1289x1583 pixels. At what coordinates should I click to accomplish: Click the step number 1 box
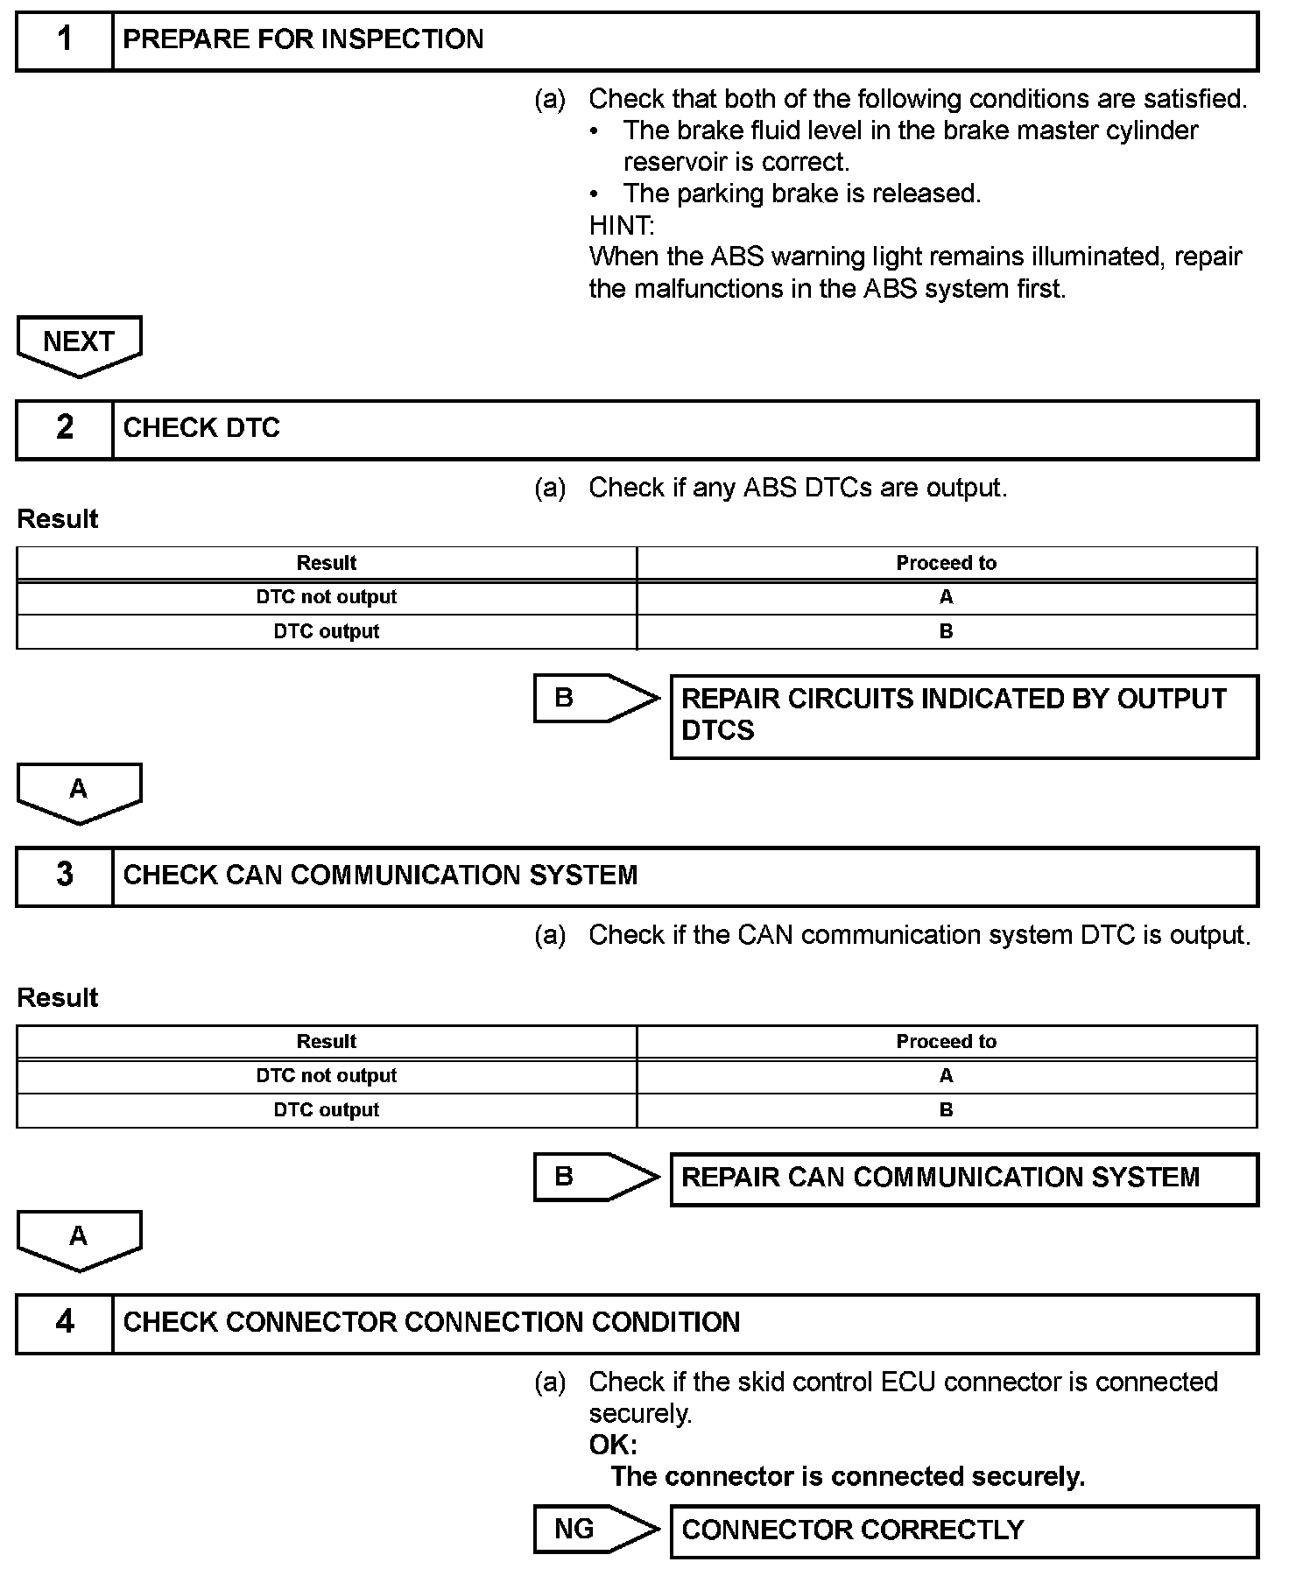(65, 40)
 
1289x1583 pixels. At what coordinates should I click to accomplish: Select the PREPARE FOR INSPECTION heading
(303, 40)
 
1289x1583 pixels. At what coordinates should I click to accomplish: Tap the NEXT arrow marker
(79, 344)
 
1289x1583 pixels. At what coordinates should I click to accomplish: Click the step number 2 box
(65, 429)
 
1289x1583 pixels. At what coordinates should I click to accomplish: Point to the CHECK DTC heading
(201, 429)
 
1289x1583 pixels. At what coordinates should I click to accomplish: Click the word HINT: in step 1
(622, 226)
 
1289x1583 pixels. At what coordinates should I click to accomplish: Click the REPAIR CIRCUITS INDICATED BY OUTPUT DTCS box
(963, 715)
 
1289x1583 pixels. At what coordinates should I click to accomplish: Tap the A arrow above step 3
(79, 791)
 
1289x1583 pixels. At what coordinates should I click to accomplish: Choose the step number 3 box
(65, 876)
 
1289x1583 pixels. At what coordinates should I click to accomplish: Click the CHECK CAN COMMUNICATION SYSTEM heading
(380, 876)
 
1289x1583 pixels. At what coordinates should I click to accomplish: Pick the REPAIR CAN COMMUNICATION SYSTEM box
(963, 1178)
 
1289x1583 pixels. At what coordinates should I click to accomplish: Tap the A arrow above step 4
(79, 1239)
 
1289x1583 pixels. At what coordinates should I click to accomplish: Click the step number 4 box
(65, 1323)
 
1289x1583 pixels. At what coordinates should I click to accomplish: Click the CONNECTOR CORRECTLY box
(963, 1530)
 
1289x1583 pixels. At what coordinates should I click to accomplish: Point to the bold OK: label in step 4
(613, 1445)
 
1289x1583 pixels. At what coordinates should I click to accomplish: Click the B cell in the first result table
(946, 632)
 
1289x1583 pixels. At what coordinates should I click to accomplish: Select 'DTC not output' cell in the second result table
(326, 1076)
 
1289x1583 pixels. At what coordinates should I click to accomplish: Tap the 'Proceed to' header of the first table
(946, 563)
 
